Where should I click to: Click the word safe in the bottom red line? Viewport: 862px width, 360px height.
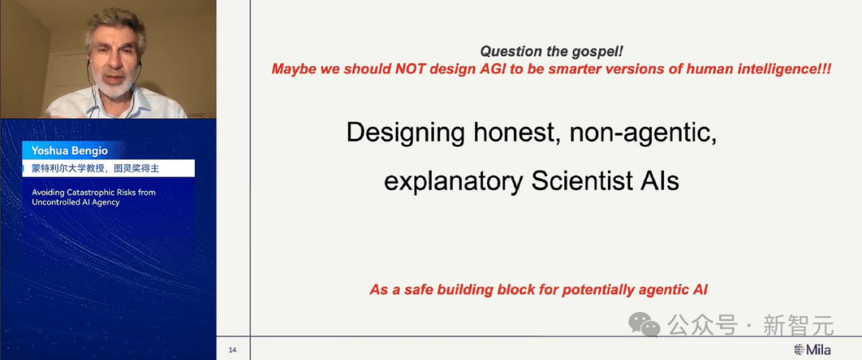click(418, 289)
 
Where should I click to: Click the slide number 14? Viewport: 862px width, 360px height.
click(232, 350)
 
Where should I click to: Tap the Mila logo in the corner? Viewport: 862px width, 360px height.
click(813, 350)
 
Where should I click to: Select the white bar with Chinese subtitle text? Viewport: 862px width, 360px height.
click(109, 168)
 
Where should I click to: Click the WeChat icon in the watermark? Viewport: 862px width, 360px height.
click(644, 325)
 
